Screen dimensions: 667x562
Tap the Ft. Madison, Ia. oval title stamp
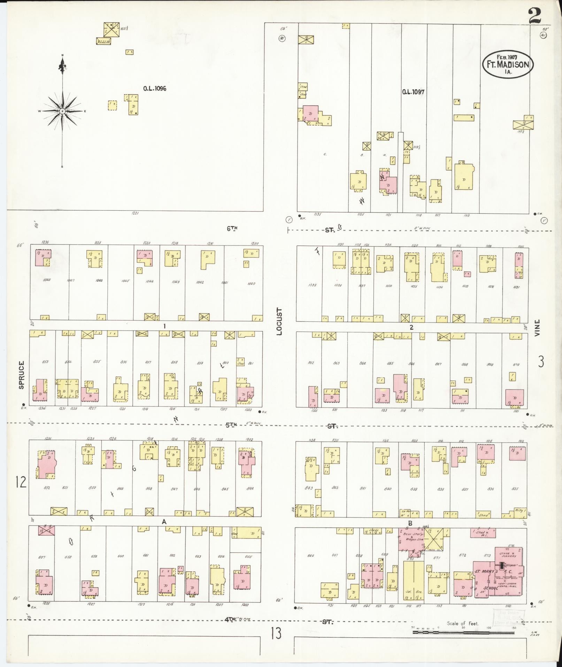(508, 64)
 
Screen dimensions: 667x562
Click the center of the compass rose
(62, 111)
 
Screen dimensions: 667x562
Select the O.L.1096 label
(154, 89)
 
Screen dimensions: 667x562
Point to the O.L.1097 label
(413, 92)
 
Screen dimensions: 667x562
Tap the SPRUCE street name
(22, 375)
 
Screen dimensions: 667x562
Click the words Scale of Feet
(463, 623)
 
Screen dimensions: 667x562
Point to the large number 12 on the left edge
(21, 483)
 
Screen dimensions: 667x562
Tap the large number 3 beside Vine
(541, 362)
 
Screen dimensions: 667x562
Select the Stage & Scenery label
(509, 555)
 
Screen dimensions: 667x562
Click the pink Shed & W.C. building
(483, 533)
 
